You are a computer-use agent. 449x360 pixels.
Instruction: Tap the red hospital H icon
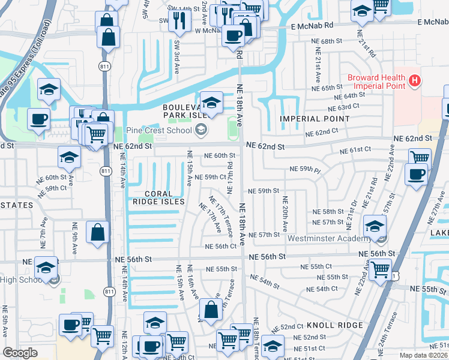click(x=413, y=80)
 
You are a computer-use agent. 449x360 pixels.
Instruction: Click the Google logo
click(x=20, y=353)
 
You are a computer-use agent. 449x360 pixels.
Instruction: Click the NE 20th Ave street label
click(x=285, y=213)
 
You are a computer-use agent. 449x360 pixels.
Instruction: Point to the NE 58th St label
click(x=328, y=212)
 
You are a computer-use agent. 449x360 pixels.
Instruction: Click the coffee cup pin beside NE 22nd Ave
click(x=415, y=175)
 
